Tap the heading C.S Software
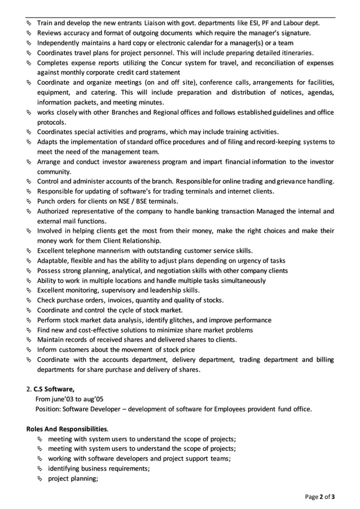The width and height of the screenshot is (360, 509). pyautogui.click(x=54, y=389)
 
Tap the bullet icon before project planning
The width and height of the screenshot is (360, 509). pyautogui.click(x=41, y=479)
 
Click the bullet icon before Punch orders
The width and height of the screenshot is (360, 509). pyautogui.click(x=29, y=201)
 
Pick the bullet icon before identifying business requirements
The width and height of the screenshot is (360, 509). pyautogui.click(x=41, y=469)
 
